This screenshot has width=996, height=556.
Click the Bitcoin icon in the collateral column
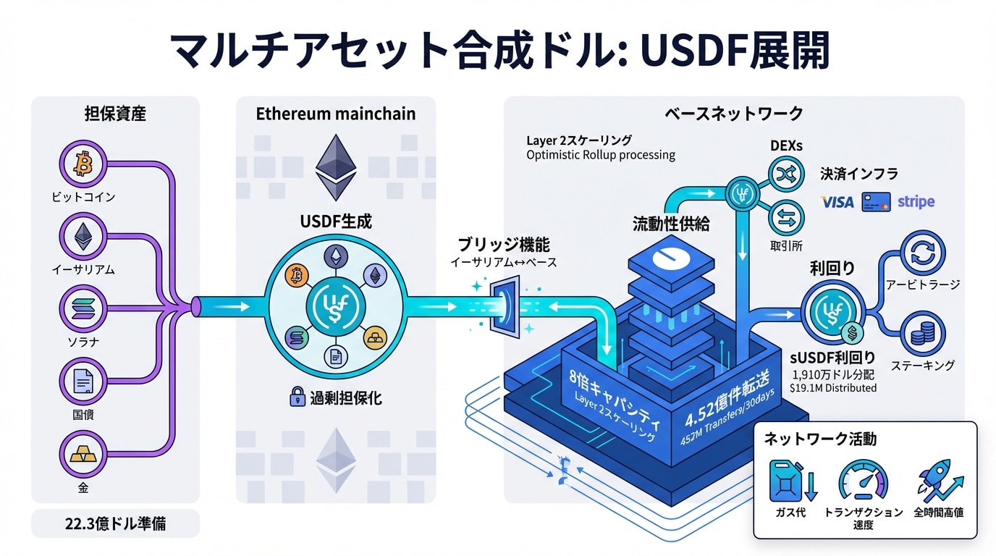click(x=83, y=165)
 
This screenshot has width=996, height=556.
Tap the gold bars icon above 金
click(x=83, y=455)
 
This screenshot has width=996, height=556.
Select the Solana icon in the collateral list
click(x=83, y=310)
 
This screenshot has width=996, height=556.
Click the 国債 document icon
click(x=83, y=382)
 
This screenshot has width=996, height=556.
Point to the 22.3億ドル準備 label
click(x=115, y=523)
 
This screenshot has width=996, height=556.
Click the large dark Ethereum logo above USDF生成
click(x=336, y=167)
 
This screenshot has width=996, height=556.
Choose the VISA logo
click(x=837, y=202)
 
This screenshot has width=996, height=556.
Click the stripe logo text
click(x=916, y=202)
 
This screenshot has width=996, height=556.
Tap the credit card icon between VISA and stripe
click(x=876, y=202)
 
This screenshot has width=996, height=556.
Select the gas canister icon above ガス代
click(x=788, y=480)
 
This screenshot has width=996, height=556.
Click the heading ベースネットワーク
click(x=733, y=114)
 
